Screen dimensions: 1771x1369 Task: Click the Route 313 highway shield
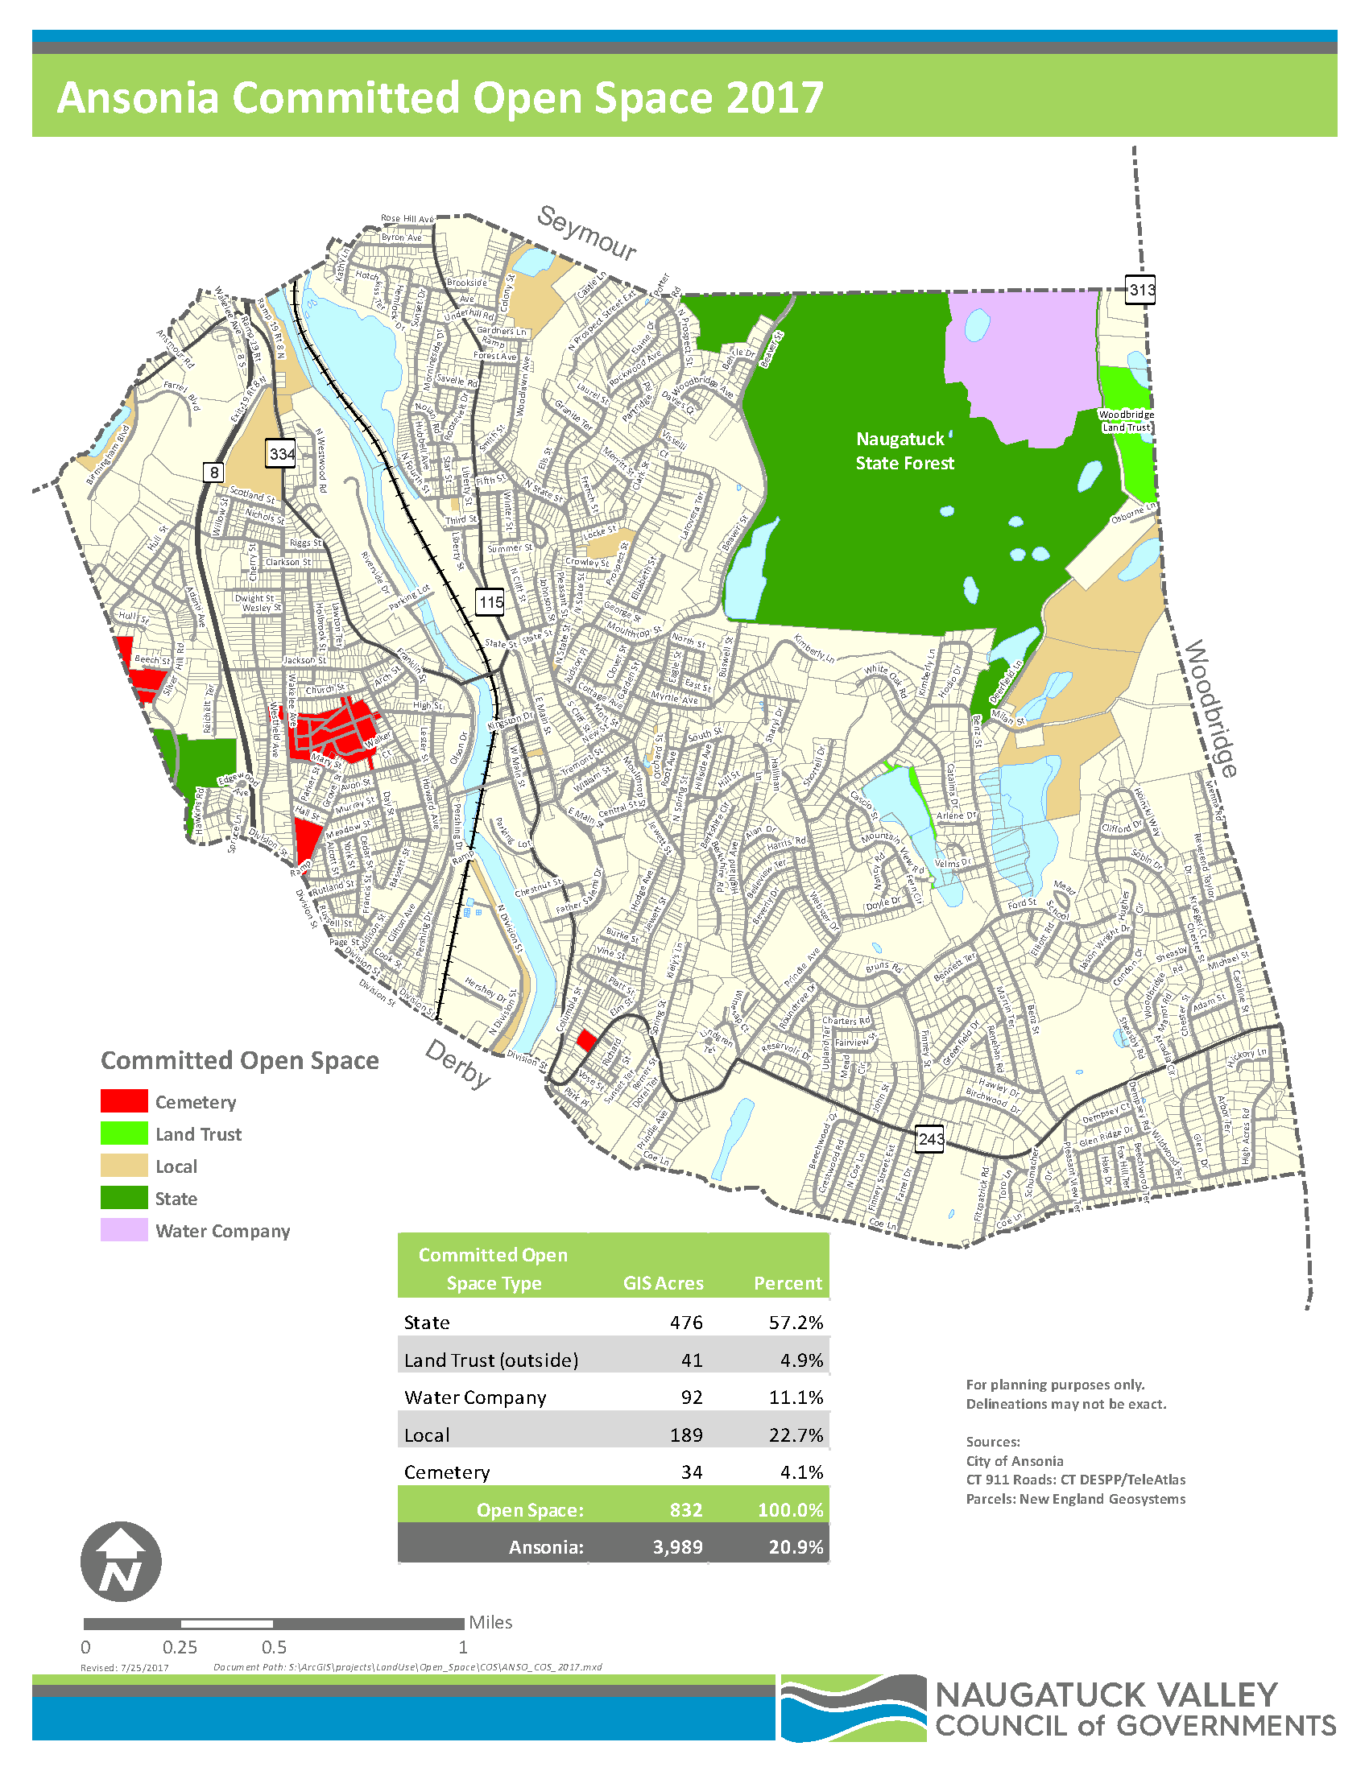[x=1140, y=290]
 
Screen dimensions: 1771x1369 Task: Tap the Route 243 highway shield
[x=930, y=1138]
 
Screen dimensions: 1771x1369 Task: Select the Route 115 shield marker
[x=490, y=601]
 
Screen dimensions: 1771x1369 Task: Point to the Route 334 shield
[x=281, y=453]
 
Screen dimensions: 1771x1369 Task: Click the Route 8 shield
[x=213, y=472]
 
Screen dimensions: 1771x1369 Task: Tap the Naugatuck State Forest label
[x=904, y=451]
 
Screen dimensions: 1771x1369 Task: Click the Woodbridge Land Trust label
[x=1126, y=421]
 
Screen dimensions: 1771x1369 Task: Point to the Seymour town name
[x=587, y=233]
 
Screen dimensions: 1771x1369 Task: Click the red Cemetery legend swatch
[x=124, y=1100]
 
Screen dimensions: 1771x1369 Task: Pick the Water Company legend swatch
[x=124, y=1229]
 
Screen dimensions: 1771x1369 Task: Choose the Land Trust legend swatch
[x=124, y=1133]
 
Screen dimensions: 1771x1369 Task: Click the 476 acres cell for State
[x=685, y=1322]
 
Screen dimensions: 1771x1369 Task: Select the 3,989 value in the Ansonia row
[x=677, y=1546]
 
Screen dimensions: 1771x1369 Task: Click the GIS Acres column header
[x=663, y=1283]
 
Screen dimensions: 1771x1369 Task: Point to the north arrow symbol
[x=121, y=1561]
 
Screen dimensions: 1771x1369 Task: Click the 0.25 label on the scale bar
[x=180, y=1647]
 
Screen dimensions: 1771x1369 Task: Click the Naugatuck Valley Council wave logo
[x=853, y=1707]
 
